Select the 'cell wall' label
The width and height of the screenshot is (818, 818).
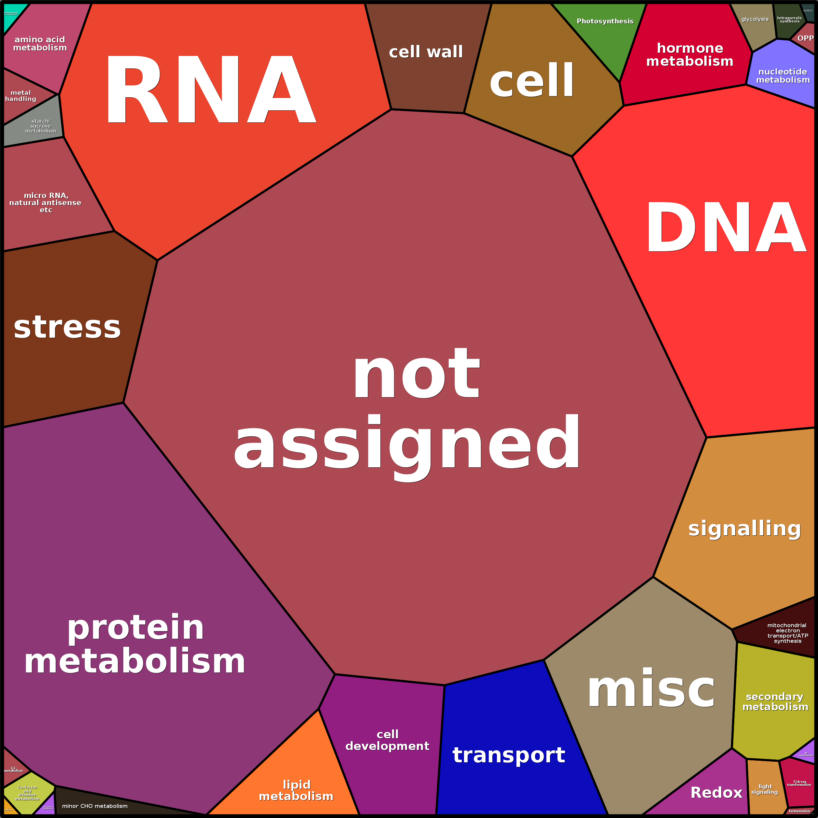426,52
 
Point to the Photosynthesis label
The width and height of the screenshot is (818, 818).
605,21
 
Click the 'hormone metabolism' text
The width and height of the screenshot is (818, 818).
690,55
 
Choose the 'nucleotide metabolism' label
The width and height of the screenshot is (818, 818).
783,76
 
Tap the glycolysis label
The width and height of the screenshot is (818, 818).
755,19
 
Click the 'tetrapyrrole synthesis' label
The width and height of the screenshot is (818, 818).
789,20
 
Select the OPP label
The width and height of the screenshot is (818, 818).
805,38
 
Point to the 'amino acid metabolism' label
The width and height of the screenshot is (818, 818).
40,44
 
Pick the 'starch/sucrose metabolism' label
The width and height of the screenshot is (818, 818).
41,126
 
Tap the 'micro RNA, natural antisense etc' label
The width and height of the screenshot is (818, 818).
46,202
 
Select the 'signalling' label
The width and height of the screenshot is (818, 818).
745,529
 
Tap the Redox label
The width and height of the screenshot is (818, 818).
716,793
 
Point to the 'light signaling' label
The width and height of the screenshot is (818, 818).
765,789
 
